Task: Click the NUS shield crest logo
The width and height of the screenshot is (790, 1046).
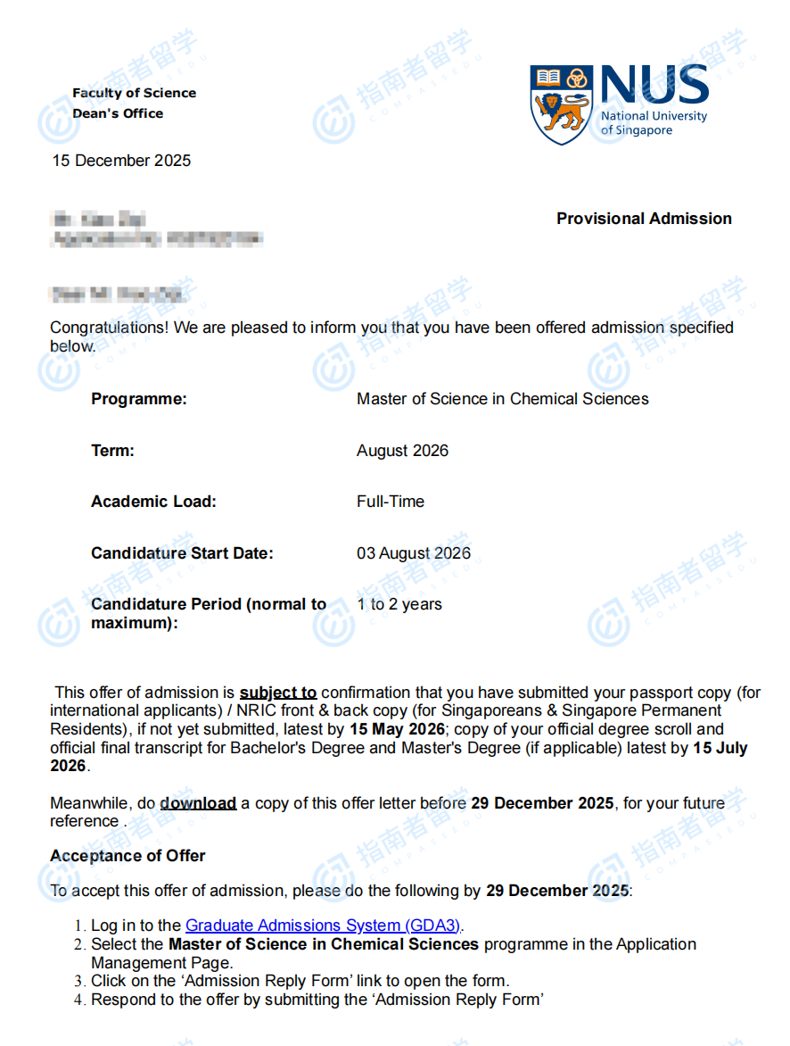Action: point(561,104)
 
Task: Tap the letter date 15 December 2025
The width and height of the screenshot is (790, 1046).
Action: point(121,161)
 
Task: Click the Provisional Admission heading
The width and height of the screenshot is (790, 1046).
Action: point(644,219)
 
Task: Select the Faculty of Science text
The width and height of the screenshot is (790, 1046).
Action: point(134,93)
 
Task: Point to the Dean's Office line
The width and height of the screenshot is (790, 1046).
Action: point(118,113)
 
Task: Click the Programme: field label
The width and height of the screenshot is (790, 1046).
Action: point(139,399)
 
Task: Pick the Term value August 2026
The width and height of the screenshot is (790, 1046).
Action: point(402,451)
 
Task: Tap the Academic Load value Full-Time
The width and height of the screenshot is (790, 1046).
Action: point(391,502)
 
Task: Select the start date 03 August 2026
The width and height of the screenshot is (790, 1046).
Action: point(414,553)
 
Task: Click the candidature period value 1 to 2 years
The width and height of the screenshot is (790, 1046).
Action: point(399,604)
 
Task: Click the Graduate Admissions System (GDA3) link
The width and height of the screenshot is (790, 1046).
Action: point(324,926)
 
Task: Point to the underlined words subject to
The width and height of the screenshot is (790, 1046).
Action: point(278,693)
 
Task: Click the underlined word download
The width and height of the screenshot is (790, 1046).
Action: point(198,803)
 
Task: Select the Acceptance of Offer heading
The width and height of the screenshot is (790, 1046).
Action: point(128,856)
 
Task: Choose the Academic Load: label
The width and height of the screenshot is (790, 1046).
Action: point(153,502)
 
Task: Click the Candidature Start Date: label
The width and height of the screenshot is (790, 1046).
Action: point(182,553)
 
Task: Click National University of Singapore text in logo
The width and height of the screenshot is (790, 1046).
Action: point(654,123)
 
